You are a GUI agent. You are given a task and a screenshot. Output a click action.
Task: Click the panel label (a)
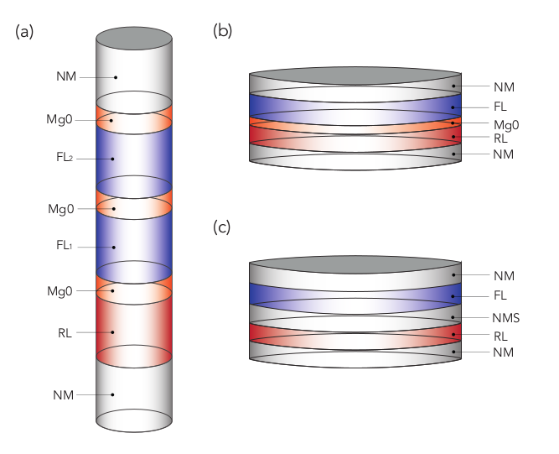(x=24, y=32)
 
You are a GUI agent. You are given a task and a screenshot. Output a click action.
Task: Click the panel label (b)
(x=223, y=32)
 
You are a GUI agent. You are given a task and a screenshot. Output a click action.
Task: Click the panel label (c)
(x=223, y=228)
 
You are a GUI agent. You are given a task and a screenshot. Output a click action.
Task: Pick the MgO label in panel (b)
(x=505, y=123)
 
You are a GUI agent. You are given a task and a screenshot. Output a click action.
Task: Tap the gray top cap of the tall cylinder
(x=134, y=38)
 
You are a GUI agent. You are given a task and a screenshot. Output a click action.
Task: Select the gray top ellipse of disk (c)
(x=356, y=268)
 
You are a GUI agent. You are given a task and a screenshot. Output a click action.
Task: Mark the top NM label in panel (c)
(x=503, y=274)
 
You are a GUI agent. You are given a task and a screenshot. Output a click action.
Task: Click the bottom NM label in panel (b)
(x=503, y=154)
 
